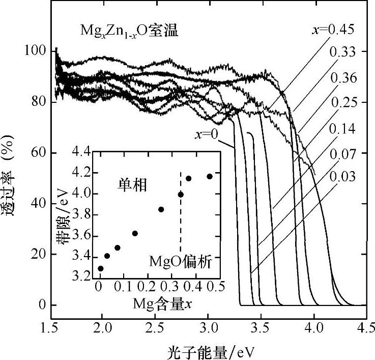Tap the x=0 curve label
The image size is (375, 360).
tap(207, 135)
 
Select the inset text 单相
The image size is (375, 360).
tap(130, 185)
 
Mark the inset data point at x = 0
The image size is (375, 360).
tap(100, 268)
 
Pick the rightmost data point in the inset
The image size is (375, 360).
tap(210, 176)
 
